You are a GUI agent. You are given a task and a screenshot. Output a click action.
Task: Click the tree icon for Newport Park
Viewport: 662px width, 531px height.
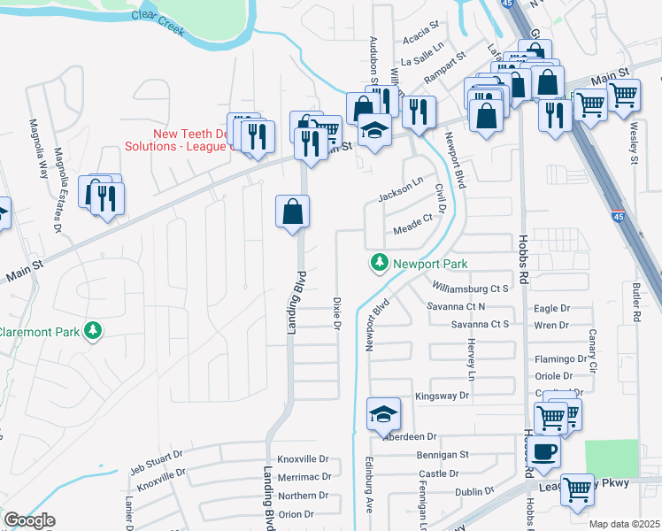380,263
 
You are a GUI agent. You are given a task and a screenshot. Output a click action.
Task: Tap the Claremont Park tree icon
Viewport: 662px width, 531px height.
92,332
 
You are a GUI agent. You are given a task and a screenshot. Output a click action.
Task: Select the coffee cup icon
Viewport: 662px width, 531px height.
545,450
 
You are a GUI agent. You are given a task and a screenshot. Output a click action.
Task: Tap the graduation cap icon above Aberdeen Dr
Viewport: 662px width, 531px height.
383,414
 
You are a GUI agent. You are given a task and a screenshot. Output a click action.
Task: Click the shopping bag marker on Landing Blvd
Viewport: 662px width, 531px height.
292,212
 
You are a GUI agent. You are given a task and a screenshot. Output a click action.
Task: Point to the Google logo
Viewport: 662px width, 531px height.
29,520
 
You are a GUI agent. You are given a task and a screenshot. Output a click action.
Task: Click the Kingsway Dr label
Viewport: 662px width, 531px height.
441,396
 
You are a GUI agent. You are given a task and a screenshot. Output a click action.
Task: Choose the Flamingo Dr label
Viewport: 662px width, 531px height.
559,359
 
